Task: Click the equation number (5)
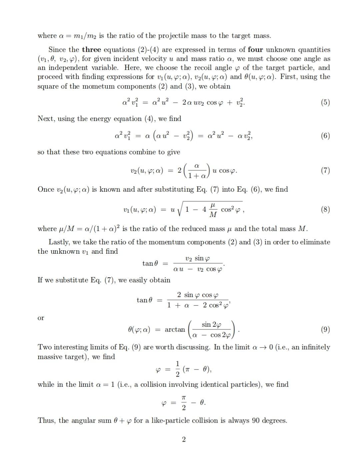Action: [x=325, y=102]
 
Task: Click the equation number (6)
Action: [x=325, y=135]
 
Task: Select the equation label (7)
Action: [x=325, y=171]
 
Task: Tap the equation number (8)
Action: [x=325, y=209]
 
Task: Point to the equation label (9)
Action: [x=325, y=329]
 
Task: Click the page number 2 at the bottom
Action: [x=184, y=439]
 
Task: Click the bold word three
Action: [x=91, y=50]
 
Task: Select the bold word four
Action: [x=255, y=50]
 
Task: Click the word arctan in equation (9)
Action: [x=175, y=329]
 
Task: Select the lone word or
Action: [x=41, y=318]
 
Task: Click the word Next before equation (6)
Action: [x=46, y=119]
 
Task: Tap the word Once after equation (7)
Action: [x=46, y=189]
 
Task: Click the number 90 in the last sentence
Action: [x=256, y=420]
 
